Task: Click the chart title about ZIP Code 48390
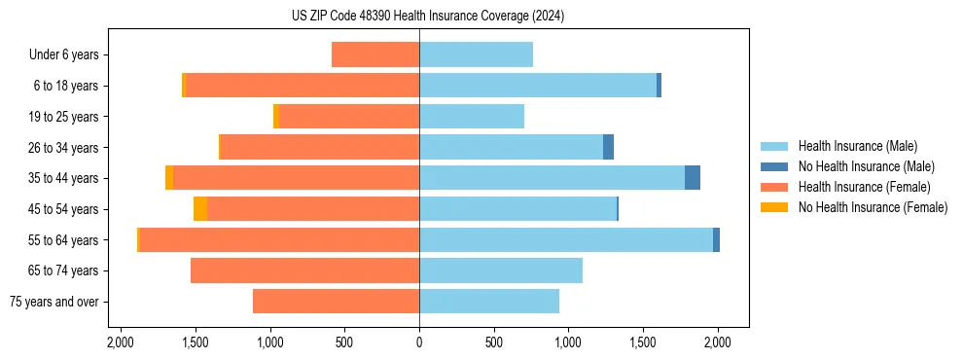[427, 17]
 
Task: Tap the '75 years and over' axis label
[54, 302]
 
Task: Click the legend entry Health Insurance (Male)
[857, 146]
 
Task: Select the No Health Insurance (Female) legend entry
[873, 207]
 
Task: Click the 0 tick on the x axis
[419, 342]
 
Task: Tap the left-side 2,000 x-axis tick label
[121, 342]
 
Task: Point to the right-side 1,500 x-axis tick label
[643, 342]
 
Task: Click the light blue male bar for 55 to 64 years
[565, 239]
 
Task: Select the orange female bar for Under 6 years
[375, 54]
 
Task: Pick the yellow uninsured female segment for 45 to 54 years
[200, 209]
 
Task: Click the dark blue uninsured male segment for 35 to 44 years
[693, 178]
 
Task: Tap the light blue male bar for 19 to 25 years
[472, 117]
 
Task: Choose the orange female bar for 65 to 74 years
[304, 270]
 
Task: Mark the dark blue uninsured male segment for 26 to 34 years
[608, 147]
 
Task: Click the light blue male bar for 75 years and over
[489, 302]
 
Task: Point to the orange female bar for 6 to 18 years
[302, 86]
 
